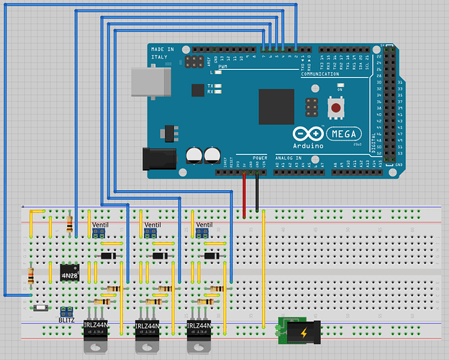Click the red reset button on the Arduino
pos(335,109)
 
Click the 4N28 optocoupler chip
pos(69,274)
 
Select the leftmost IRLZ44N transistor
pos(96,332)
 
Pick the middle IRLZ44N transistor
pos(148,333)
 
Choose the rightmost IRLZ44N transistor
pos(201,332)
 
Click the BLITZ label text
pos(67,320)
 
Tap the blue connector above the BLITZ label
pos(67,310)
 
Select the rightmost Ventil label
pos(204,225)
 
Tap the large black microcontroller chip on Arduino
pos(276,107)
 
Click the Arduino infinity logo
pos(304,134)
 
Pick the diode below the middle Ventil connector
pos(160,256)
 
